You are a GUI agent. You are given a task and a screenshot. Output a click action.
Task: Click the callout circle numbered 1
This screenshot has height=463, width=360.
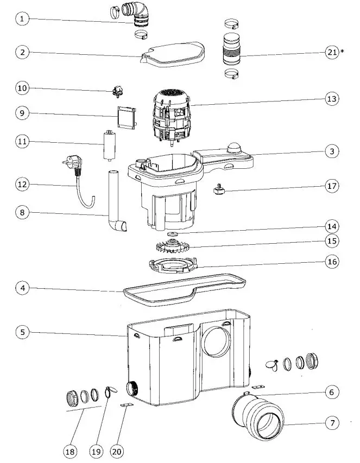point(22,20)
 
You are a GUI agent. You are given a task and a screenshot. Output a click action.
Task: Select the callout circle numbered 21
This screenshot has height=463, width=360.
point(332,52)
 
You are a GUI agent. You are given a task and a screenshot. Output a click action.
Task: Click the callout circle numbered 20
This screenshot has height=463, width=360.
point(117,451)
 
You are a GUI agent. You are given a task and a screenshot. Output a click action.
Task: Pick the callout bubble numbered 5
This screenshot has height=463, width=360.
point(22,332)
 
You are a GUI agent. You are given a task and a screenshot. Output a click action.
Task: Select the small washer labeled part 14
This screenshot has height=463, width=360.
point(173,234)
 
